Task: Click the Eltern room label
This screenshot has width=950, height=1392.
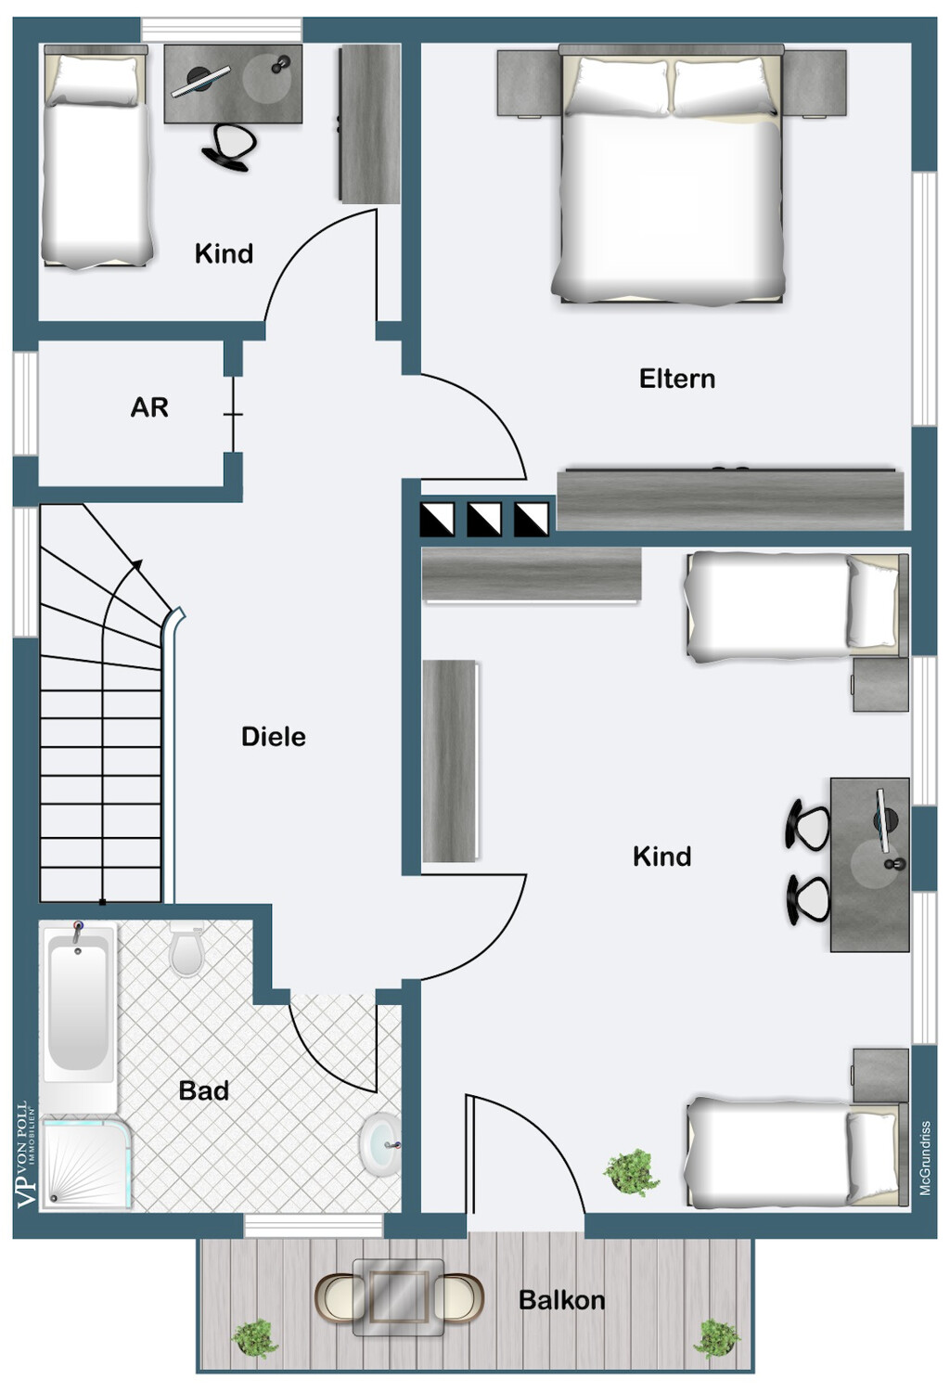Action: click(x=676, y=379)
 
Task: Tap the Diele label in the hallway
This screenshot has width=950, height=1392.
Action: click(x=274, y=737)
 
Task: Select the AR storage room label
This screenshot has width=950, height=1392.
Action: click(x=149, y=407)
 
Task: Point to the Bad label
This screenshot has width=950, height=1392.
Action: click(x=204, y=1090)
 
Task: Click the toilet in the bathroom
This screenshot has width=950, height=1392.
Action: click(x=186, y=948)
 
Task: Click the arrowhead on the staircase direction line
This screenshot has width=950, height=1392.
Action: click(x=137, y=564)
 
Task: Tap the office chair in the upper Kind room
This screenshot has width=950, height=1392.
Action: click(x=228, y=147)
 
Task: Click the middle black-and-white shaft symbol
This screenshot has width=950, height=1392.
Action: click(x=484, y=520)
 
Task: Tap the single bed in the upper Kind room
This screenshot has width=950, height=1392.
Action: click(x=96, y=157)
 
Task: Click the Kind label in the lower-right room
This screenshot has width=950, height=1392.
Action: click(x=661, y=857)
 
